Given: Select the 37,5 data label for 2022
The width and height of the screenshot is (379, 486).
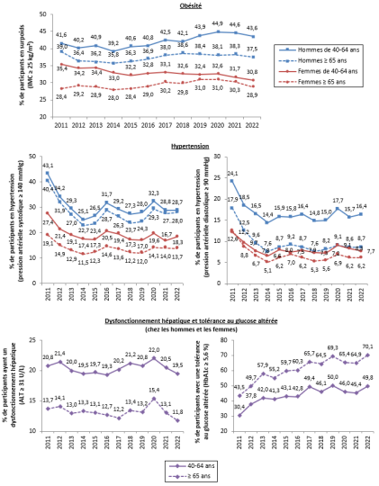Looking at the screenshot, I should point(279,49).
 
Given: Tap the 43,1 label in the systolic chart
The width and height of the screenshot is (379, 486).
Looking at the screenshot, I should point(48,166).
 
